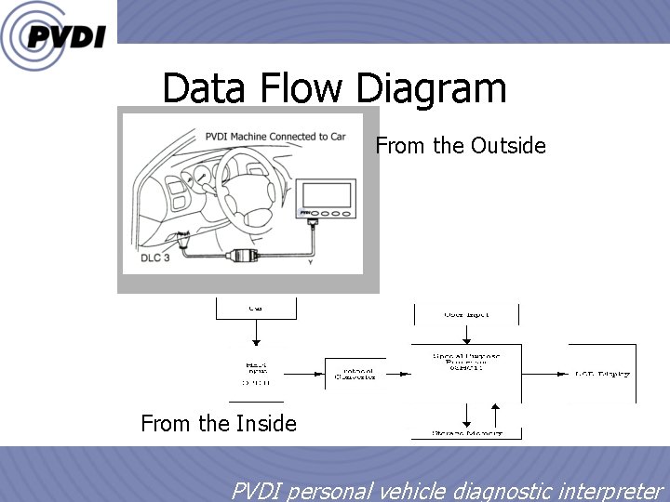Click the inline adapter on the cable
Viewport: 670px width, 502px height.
tap(247, 254)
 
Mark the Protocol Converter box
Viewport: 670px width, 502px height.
tap(355, 374)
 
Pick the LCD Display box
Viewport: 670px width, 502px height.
tap(600, 374)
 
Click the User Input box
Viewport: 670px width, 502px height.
tap(465, 313)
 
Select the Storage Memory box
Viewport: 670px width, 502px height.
tap(466, 432)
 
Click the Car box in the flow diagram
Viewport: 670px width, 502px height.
tap(255, 308)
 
